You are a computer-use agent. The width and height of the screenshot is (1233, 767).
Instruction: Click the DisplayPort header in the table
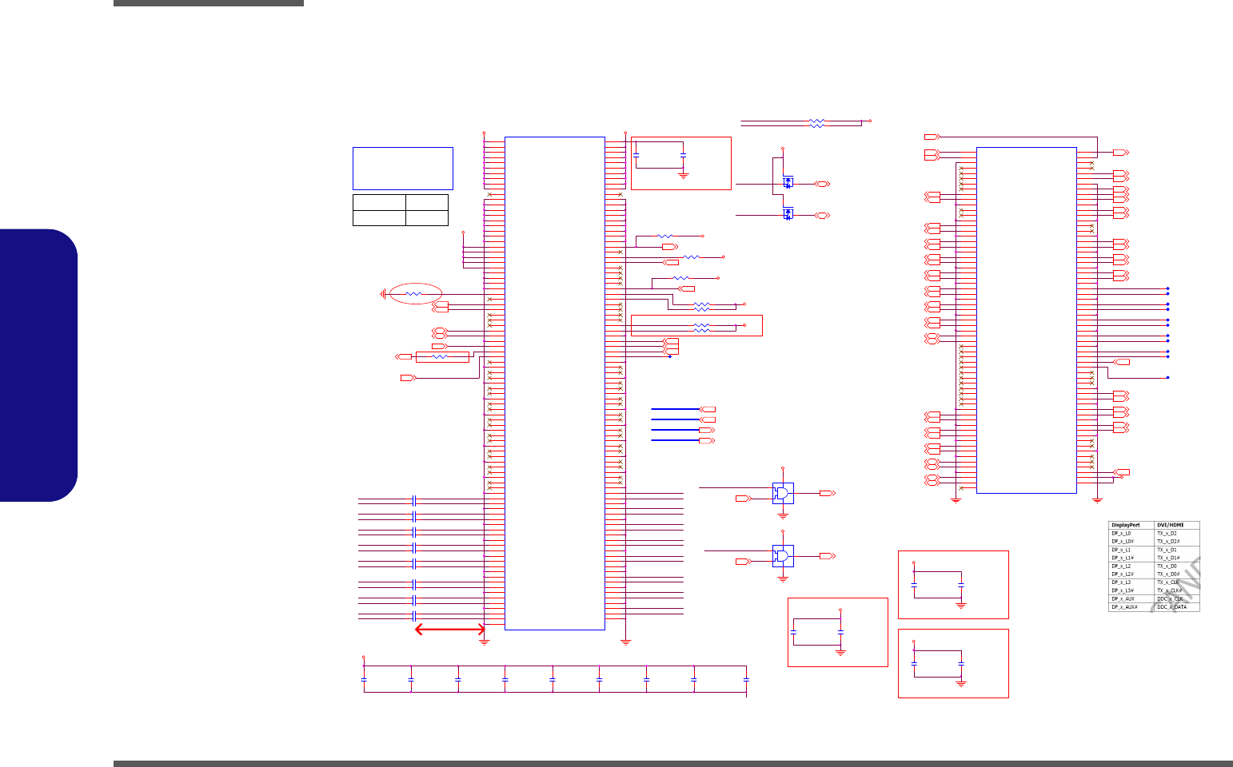1126,525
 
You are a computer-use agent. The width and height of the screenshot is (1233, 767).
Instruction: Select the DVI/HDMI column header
1171,525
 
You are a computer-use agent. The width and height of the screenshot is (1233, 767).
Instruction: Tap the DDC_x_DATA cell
1172,607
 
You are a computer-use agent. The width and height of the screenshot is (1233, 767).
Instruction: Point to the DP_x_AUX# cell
1124,607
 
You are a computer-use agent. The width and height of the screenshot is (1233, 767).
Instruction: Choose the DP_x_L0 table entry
1121,533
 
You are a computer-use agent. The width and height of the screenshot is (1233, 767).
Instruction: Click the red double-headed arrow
450,630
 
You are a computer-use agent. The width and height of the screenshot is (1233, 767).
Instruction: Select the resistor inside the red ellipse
413,294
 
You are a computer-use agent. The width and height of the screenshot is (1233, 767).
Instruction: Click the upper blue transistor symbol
788,183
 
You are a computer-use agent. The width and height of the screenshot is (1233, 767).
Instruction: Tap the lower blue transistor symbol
788,214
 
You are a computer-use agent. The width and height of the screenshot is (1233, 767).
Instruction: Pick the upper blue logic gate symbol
783,493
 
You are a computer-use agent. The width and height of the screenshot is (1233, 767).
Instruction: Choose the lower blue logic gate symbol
783,555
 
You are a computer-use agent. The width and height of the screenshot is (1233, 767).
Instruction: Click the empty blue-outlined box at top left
402,168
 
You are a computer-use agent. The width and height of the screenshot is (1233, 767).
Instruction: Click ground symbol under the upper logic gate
783,515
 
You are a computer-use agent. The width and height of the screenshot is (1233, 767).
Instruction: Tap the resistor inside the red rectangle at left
441,356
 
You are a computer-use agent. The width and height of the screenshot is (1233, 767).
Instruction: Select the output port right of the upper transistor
822,184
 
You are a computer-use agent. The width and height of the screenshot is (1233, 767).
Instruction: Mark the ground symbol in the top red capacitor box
683,174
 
